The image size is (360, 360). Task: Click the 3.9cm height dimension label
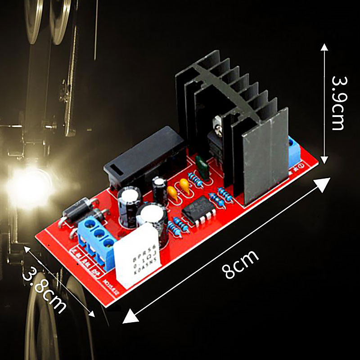tap(338, 103)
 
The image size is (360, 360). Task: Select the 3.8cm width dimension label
tap(44, 290)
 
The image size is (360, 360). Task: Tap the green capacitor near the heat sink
tap(202, 168)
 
